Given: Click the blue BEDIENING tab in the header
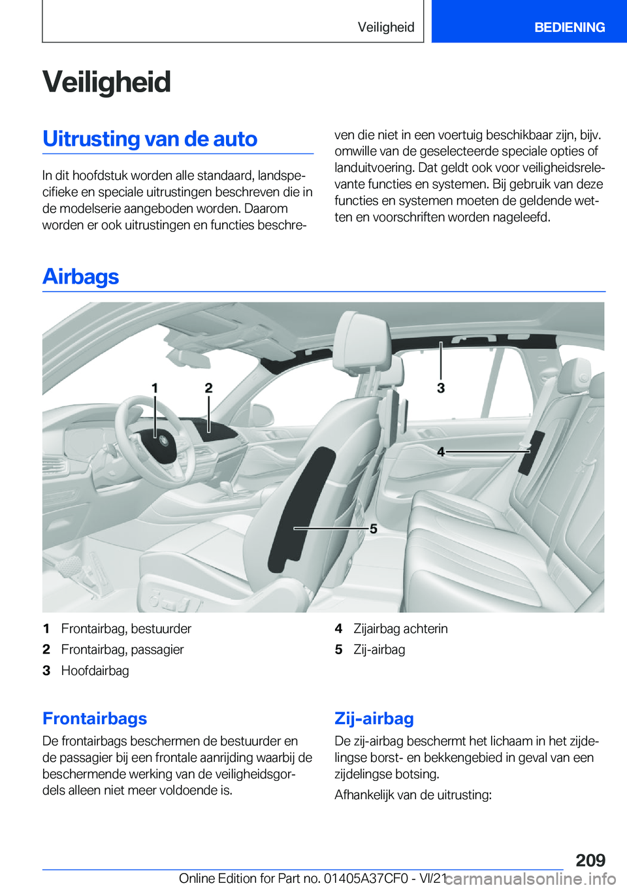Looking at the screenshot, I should [569, 27].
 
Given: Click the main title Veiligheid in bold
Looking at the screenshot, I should [106, 82].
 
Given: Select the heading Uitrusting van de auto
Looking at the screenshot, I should [150, 139].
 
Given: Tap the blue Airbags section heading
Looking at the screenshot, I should [80, 276].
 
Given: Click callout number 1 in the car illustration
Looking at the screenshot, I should [155, 388].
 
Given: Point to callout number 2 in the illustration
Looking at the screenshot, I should [208, 388].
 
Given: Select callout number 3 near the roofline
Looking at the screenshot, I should [441, 388].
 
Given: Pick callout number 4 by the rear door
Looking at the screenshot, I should [441, 452].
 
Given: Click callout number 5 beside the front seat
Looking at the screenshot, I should [374, 529].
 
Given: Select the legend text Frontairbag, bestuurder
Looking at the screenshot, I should [126, 629].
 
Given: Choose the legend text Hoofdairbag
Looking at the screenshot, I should [95, 670].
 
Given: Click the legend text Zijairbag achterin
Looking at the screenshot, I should [400, 629].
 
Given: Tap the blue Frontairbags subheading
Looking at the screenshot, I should [95, 718].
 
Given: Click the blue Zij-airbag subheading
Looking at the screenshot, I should [374, 718].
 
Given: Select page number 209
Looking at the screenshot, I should [590, 860].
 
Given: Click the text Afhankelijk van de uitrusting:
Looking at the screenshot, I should [413, 795].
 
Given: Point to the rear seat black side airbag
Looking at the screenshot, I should [531, 452].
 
